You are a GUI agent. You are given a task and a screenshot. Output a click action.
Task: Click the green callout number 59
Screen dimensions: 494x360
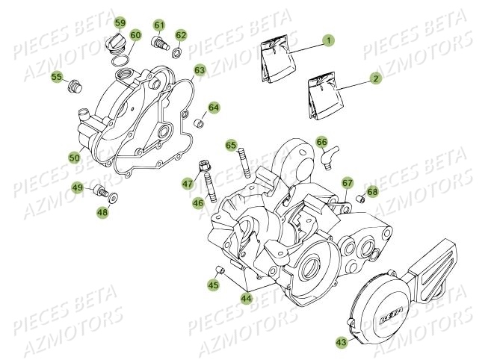(x=120, y=22)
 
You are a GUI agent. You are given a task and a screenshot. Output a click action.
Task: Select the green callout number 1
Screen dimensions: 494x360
(x=328, y=40)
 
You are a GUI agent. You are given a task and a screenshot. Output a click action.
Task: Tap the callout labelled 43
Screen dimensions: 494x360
(x=342, y=342)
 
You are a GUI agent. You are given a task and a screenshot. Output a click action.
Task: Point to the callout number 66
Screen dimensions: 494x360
(x=321, y=142)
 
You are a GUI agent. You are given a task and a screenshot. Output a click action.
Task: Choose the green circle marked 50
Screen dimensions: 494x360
(x=75, y=158)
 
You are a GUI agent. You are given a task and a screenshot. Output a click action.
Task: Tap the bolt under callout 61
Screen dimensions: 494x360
(x=158, y=43)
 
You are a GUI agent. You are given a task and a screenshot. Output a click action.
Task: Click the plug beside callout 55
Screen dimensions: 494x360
(x=75, y=86)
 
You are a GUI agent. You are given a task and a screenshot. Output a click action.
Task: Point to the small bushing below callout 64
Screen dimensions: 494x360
(x=198, y=122)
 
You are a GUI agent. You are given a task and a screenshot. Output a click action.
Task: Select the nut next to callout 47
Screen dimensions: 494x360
(x=203, y=166)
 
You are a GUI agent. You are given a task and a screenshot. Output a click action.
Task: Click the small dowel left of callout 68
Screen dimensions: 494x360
(x=360, y=199)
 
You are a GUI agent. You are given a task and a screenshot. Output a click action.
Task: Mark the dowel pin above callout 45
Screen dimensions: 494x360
(x=219, y=270)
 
